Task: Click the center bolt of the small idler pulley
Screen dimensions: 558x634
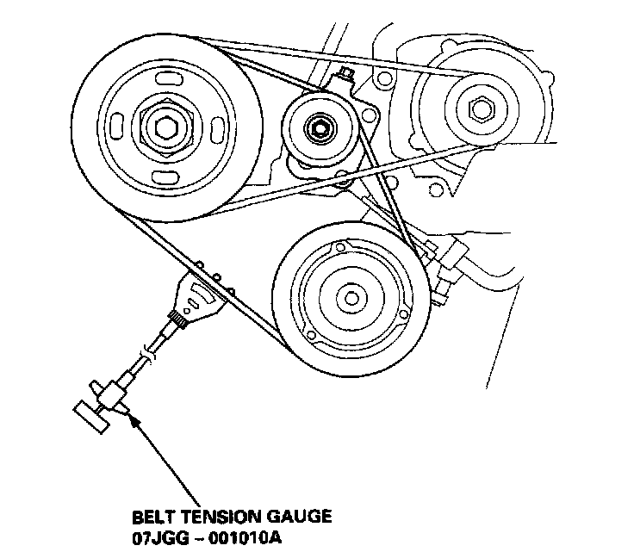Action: [x=320, y=128]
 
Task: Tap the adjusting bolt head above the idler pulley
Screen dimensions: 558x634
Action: [x=346, y=75]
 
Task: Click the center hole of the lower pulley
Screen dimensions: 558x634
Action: [x=352, y=297]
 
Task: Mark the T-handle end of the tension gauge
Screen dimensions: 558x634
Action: [x=90, y=416]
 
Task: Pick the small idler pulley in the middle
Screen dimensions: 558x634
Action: [x=320, y=128]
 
